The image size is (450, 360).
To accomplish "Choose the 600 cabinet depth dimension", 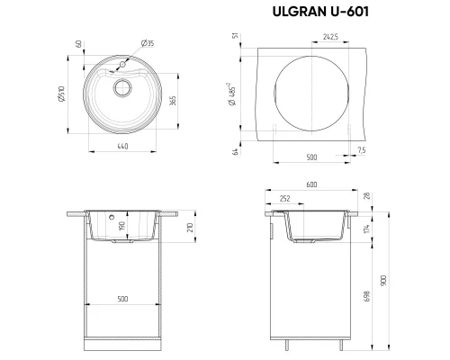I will pos(312,185).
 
